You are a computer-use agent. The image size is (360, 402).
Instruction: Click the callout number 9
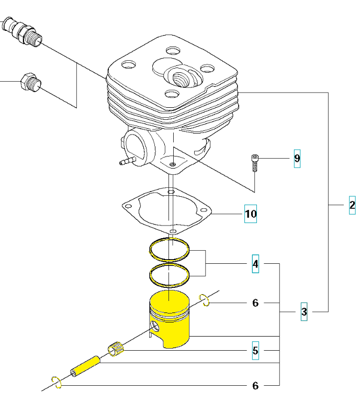[x=297, y=159]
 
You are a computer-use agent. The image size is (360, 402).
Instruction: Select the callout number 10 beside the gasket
[x=251, y=214]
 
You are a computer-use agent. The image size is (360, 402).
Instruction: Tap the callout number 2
[x=352, y=205]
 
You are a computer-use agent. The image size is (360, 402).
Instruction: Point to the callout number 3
[x=304, y=312]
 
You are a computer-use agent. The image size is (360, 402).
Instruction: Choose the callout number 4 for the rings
[x=255, y=264]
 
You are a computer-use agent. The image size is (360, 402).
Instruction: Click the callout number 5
[x=255, y=351]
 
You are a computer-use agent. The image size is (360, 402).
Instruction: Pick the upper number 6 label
[x=255, y=303]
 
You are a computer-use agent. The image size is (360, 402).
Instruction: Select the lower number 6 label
[x=255, y=386]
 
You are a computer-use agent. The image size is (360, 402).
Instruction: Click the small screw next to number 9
[x=255, y=163]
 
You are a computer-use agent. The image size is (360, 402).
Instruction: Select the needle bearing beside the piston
[x=116, y=350]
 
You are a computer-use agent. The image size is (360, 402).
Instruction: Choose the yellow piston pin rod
[x=85, y=366]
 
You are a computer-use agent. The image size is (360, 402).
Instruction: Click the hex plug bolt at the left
[x=31, y=82]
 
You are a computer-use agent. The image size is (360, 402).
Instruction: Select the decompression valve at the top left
[x=22, y=31]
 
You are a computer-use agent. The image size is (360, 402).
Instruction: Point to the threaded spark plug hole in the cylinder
[x=182, y=77]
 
